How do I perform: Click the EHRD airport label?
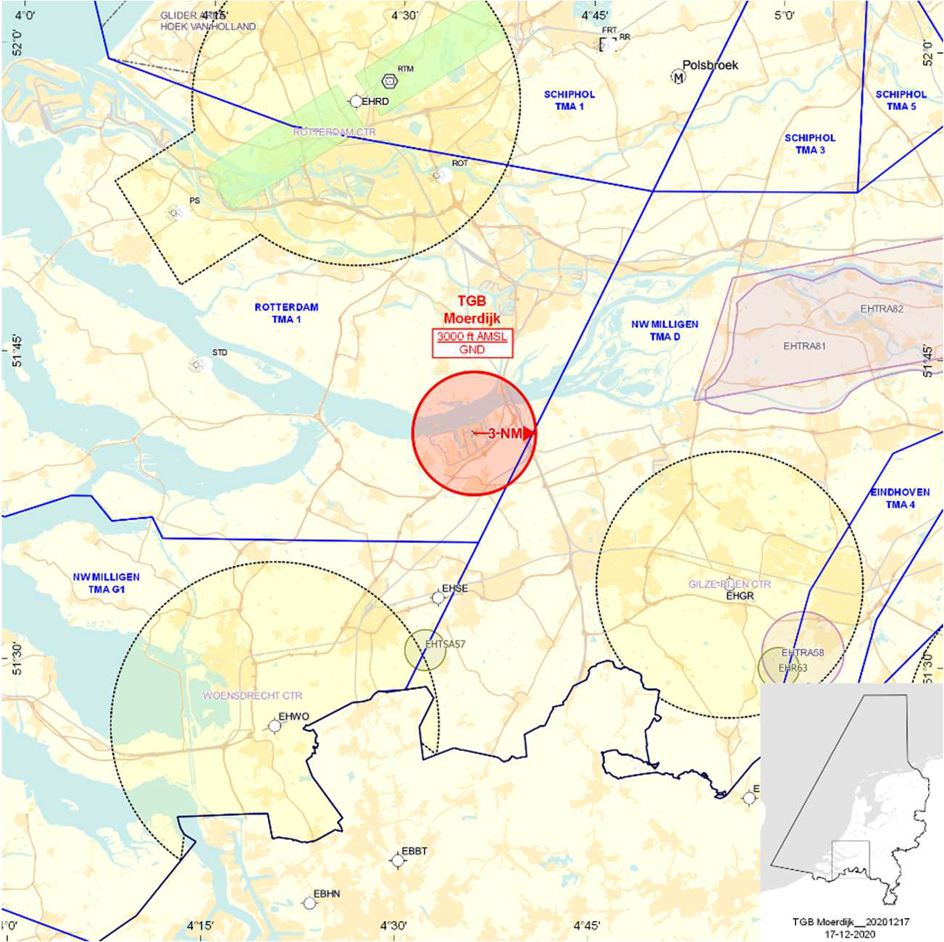point(375,101)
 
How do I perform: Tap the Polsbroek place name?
point(710,65)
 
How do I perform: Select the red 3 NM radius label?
point(505,434)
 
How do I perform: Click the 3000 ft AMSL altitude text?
point(472,337)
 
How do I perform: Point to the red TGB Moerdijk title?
point(472,310)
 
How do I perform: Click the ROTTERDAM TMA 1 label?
point(286,313)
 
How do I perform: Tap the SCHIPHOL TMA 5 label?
point(901,100)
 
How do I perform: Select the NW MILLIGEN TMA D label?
point(664,330)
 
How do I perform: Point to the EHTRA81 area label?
point(804,346)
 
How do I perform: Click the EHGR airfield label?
point(740,596)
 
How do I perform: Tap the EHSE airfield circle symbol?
point(438,598)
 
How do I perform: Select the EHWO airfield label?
point(294,717)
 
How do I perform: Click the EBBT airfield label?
point(414,851)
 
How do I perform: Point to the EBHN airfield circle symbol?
point(309,903)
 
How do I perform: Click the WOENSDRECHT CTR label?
point(252,696)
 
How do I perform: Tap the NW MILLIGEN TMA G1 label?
point(106,583)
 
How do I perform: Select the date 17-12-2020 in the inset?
point(850,933)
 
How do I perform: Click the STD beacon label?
point(220,353)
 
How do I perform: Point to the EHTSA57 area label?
point(445,644)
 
